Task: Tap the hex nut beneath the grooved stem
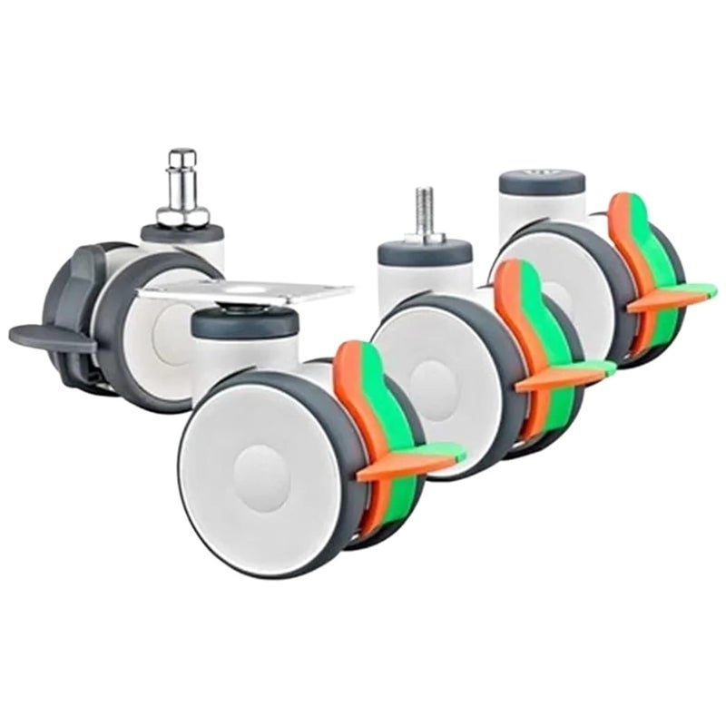click(x=182, y=215)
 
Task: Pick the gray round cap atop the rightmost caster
click(x=542, y=179)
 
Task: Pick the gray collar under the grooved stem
click(x=181, y=233)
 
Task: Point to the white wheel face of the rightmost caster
click(x=567, y=272)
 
